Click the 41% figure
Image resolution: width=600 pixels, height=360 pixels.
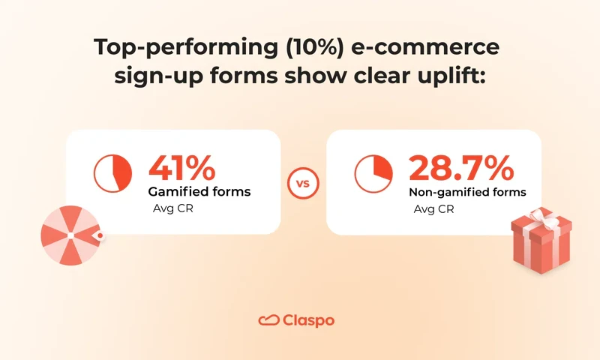[183, 167]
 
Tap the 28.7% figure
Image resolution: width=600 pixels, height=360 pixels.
[460, 167]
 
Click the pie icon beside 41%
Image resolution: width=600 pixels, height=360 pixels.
[112, 172]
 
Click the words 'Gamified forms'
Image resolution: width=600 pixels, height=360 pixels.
[199, 192]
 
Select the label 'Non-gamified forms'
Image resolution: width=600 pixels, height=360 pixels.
[467, 192]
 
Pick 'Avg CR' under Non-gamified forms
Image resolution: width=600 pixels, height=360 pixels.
[433, 208]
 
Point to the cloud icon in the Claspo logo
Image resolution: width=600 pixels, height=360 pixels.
[268, 320]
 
